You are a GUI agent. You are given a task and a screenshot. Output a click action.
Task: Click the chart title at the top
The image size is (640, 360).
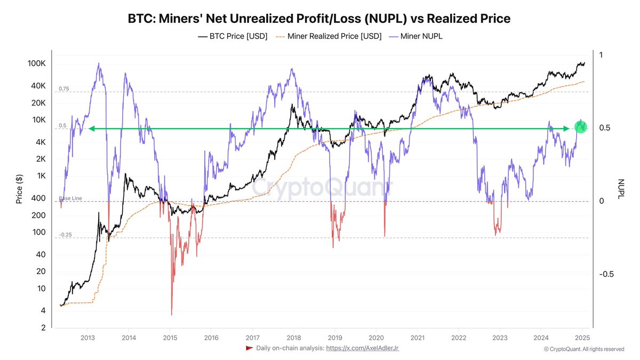pyautogui.click(x=319, y=19)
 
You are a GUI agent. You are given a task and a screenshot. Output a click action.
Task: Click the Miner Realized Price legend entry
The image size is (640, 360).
pyautogui.click(x=329, y=36)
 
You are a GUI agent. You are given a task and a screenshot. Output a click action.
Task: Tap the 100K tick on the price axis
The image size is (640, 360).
pyautogui.click(x=37, y=63)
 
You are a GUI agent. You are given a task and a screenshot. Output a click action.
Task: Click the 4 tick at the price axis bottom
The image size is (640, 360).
pyautogui.click(x=43, y=311)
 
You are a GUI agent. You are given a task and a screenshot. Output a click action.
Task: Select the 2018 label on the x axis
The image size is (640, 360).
pyautogui.click(x=293, y=337)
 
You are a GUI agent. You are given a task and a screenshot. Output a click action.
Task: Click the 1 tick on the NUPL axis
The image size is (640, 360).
pyautogui.click(x=601, y=55)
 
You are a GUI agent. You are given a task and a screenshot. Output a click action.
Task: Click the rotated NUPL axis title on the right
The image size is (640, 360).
pyautogui.click(x=620, y=189)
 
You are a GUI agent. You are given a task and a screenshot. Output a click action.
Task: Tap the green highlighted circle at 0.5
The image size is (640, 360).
pyautogui.click(x=581, y=127)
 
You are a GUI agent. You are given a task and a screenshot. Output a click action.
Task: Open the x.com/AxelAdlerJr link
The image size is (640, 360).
pyautogui.click(x=362, y=348)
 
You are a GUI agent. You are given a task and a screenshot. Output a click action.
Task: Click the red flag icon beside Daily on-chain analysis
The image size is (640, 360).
pyautogui.click(x=249, y=348)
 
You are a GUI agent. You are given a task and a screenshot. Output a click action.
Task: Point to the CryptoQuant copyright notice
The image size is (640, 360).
pyautogui.click(x=583, y=349)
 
